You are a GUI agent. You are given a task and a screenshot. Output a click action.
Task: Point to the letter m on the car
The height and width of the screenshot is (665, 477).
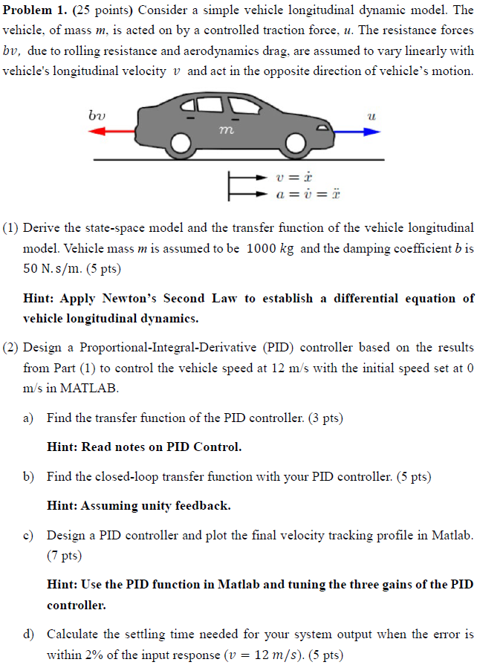coord(227,130)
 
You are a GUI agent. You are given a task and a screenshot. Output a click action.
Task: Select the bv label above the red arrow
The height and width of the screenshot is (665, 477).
coord(97,116)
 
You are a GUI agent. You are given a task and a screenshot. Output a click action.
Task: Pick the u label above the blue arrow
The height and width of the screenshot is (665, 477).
coord(371,116)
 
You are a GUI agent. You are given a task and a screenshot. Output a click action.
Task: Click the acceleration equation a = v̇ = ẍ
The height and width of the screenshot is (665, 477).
coord(307,194)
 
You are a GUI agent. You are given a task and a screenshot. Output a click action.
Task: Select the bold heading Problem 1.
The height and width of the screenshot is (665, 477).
coord(33,11)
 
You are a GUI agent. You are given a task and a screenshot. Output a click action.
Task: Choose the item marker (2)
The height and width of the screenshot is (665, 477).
coord(11,348)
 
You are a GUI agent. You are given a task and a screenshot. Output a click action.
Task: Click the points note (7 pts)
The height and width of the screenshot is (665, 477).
coord(64,555)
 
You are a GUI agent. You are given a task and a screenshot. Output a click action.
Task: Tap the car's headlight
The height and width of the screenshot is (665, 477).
coord(322,129)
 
